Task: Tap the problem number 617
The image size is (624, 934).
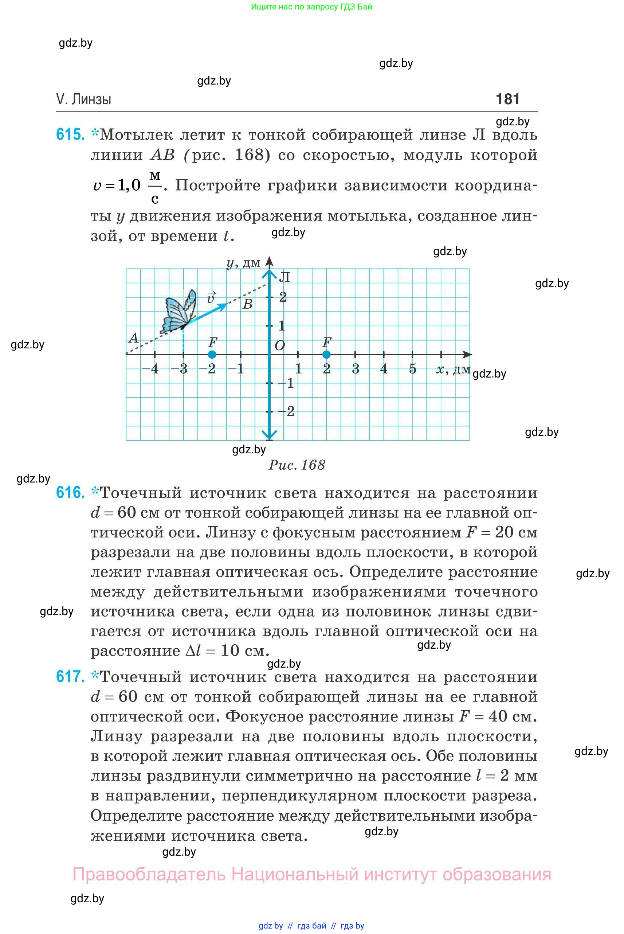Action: [x=70, y=676]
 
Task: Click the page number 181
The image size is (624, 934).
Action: [x=507, y=99]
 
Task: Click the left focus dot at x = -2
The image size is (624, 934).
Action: [x=212, y=354]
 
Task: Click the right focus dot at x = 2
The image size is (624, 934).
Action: [x=326, y=354]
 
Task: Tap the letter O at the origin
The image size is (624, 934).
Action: [x=280, y=345]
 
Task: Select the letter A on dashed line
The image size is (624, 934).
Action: [x=133, y=339]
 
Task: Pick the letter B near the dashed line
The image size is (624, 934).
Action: [x=248, y=304]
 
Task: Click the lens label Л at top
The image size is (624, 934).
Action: [x=284, y=277]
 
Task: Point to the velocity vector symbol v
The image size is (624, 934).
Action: [x=211, y=297]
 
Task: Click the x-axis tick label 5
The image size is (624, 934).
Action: [x=412, y=369]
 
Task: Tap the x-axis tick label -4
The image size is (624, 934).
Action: [x=150, y=369]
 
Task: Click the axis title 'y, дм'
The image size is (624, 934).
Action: [x=243, y=263]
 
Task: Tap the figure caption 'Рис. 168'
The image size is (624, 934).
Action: [x=297, y=465]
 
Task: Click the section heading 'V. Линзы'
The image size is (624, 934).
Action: [x=83, y=99]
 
